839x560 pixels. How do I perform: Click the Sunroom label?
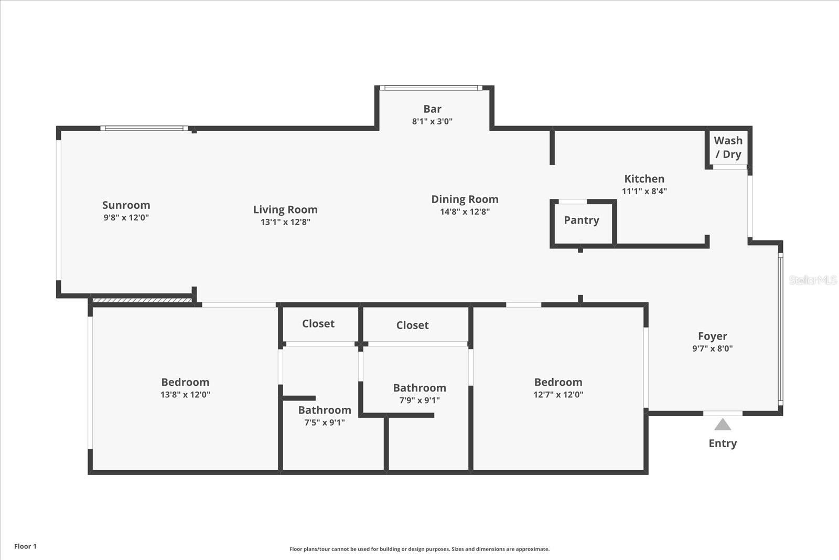[126, 205]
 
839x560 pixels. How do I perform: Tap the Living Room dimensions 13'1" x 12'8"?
[285, 222]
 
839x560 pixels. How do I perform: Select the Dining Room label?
[465, 199]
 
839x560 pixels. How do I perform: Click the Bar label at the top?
[432, 109]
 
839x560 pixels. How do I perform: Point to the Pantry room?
[582, 220]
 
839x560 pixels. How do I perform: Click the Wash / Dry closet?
[728, 147]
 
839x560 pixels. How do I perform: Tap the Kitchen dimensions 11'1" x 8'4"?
[644, 192]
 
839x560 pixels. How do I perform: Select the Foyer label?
[712, 336]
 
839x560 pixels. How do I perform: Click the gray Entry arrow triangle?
[723, 425]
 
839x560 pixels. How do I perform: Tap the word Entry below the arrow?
[723, 443]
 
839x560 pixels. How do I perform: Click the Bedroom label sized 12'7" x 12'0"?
[558, 383]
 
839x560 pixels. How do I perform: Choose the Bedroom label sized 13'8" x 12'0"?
[185, 383]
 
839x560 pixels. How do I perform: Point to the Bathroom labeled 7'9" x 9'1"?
[419, 388]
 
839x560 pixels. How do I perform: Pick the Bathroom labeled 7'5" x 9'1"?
[325, 410]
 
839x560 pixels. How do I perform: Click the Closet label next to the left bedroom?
[318, 324]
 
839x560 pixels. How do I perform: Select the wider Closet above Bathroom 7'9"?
[412, 325]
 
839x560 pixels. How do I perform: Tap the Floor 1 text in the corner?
[25, 546]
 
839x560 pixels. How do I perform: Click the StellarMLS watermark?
[812, 280]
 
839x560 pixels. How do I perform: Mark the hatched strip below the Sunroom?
[142, 300]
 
